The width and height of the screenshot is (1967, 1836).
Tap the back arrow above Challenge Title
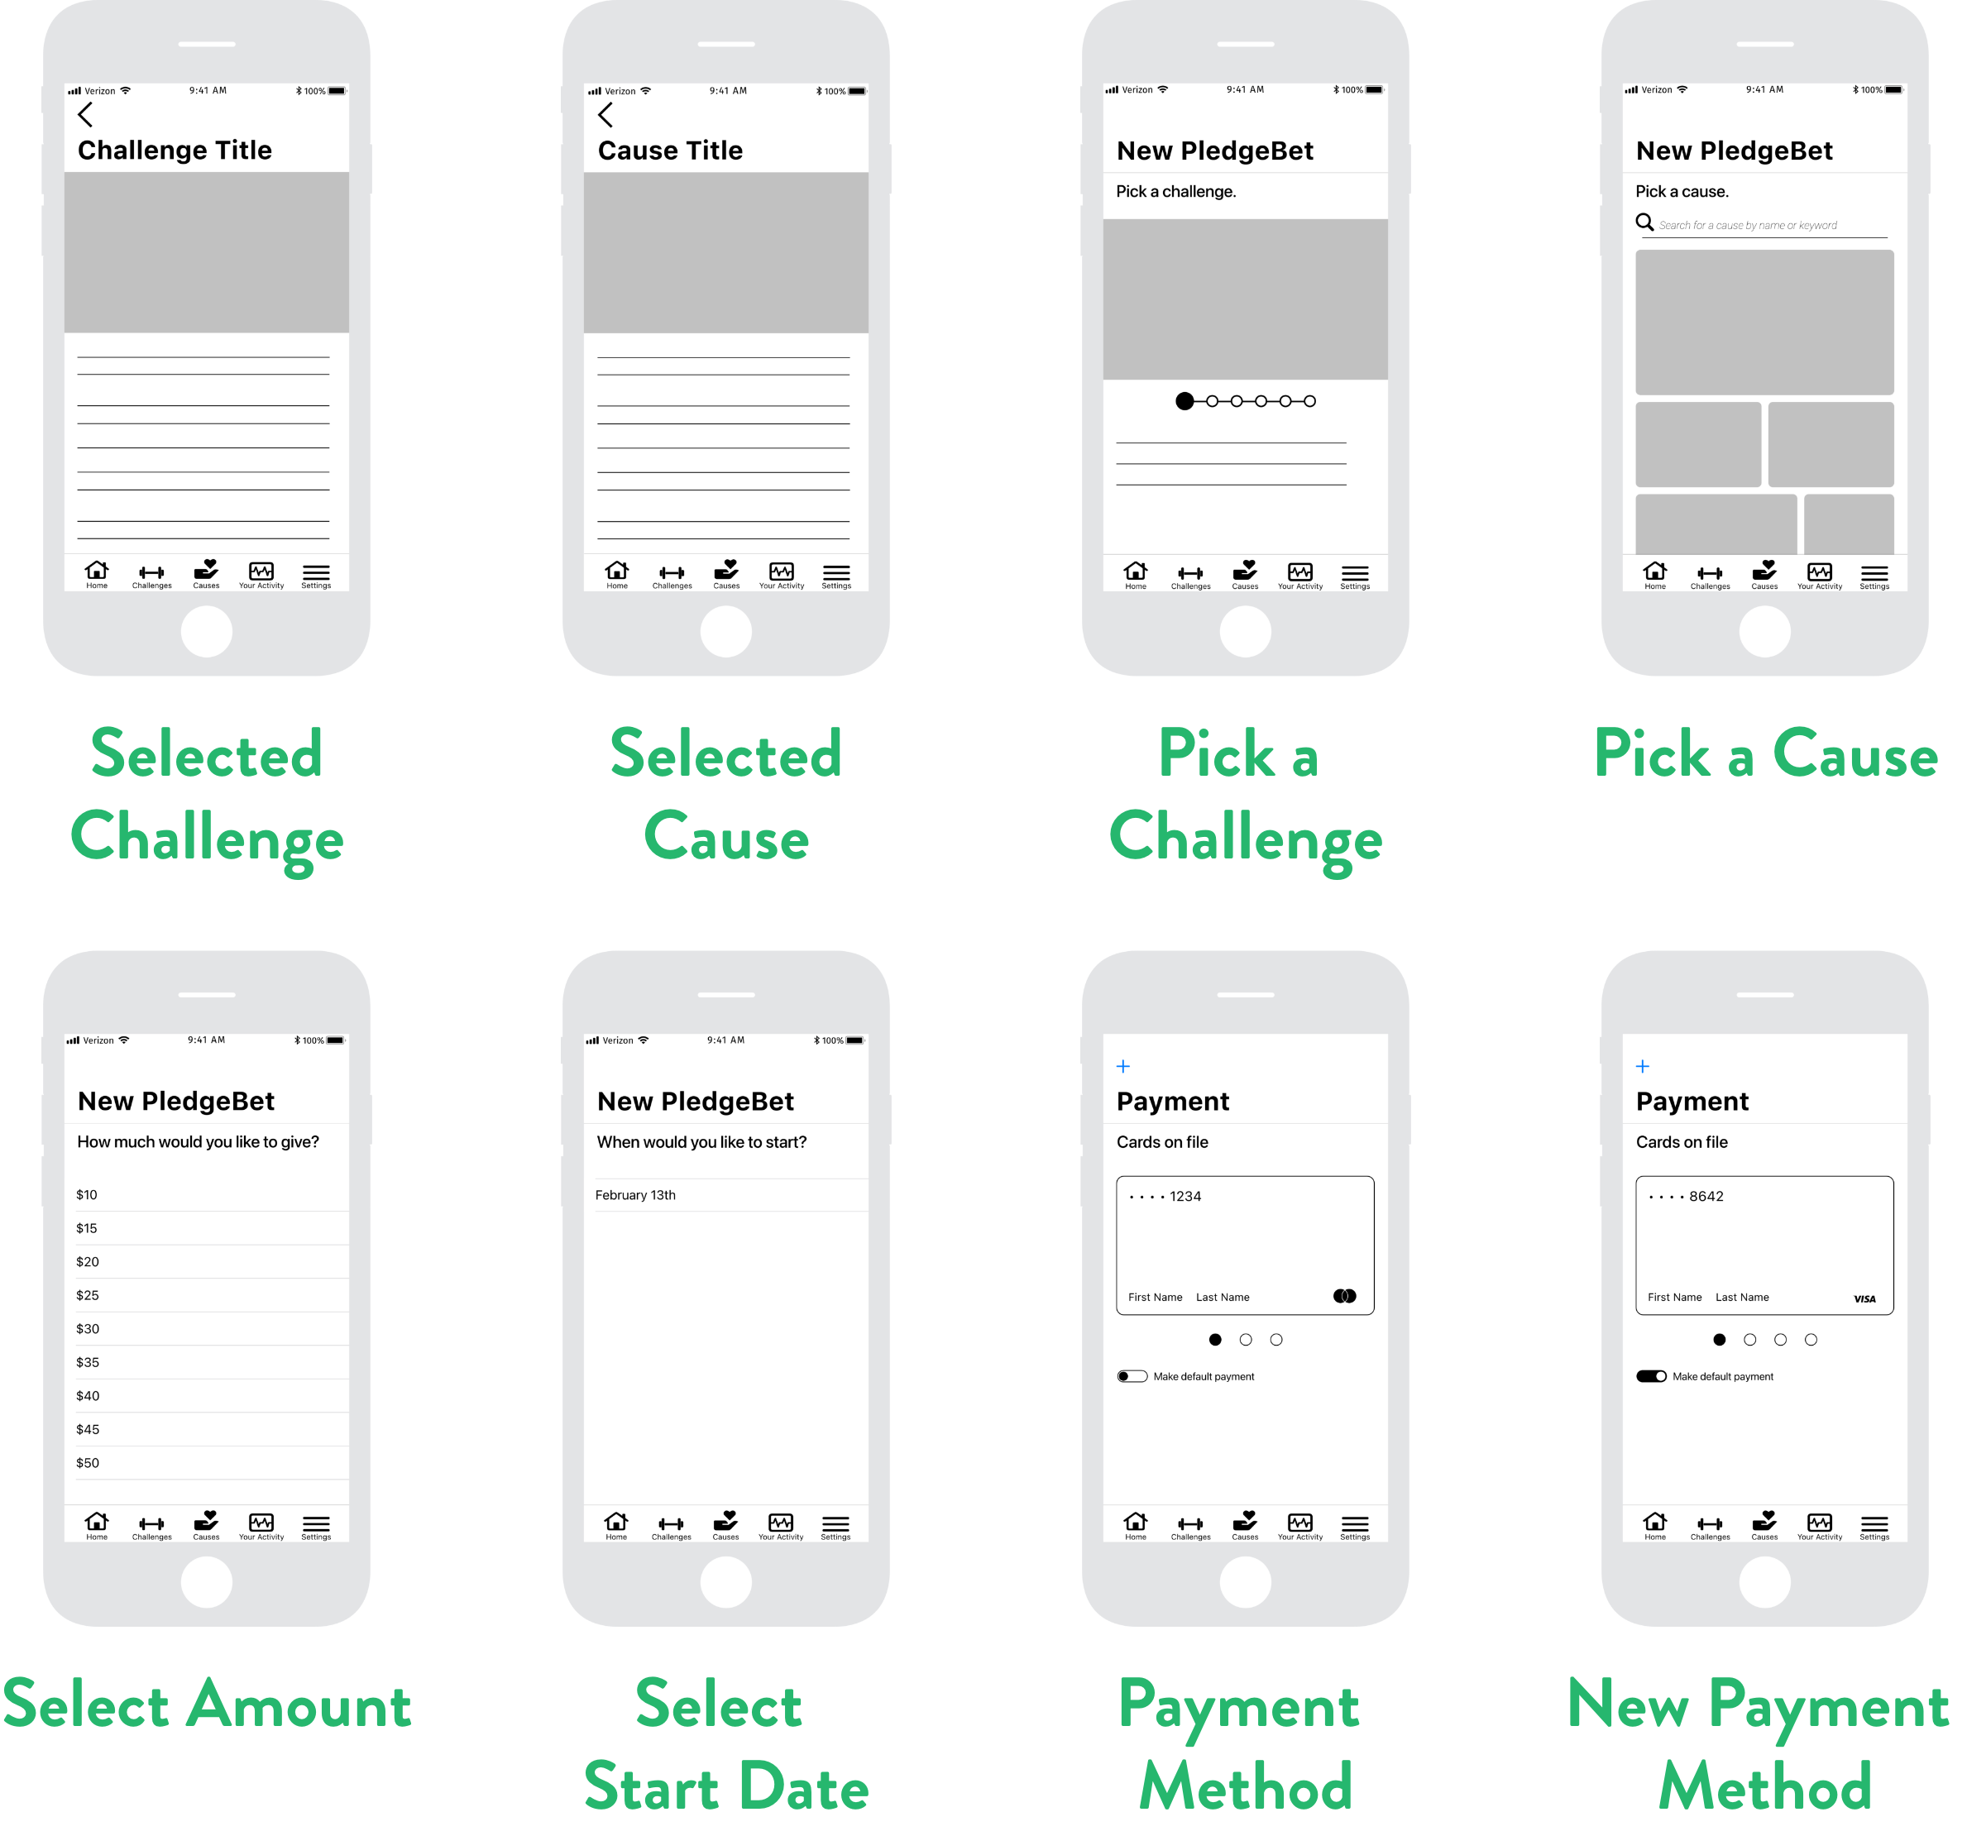pyautogui.click(x=85, y=115)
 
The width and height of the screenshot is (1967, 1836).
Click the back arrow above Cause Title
pyautogui.click(x=605, y=115)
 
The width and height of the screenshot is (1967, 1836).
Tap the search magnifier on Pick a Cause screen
pyautogui.click(x=1644, y=222)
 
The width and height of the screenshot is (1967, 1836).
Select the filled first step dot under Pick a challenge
pyautogui.click(x=1185, y=400)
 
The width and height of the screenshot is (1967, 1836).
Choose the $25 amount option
pyautogui.click(x=88, y=1295)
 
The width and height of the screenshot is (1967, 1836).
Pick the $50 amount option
pyautogui.click(x=88, y=1462)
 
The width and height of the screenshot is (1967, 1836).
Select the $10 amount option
pyautogui.click(x=87, y=1195)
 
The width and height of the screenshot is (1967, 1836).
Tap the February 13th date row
pyautogui.click(x=635, y=1195)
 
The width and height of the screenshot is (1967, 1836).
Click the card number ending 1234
pyautogui.click(x=1165, y=1196)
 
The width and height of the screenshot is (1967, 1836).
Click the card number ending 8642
pyautogui.click(x=1686, y=1196)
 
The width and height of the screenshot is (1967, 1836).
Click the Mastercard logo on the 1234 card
pyautogui.click(x=1345, y=1296)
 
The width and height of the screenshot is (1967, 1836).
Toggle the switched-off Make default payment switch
pyautogui.click(x=1132, y=1376)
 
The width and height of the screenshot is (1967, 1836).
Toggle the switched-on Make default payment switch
pyautogui.click(x=1651, y=1376)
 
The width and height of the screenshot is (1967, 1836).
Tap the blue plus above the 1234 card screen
pyautogui.click(x=1123, y=1066)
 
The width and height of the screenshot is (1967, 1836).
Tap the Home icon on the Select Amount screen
pyautogui.click(x=97, y=1523)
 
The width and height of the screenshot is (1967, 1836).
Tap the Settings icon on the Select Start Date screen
pyautogui.click(x=835, y=1524)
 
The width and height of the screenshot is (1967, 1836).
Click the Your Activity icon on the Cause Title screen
pyautogui.click(x=782, y=574)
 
